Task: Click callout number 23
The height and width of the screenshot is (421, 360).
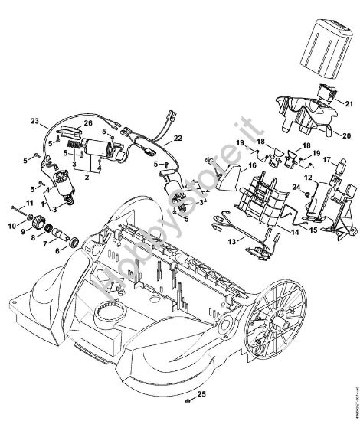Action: [34, 121]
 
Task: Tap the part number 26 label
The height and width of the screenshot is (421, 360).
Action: [88, 123]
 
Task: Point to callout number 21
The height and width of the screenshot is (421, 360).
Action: [349, 104]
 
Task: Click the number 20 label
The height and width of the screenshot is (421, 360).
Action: [349, 135]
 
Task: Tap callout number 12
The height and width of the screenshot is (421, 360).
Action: [307, 178]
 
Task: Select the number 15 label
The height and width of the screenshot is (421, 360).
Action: [315, 229]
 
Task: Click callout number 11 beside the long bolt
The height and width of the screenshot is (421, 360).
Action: [30, 201]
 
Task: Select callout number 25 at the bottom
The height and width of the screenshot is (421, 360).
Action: [203, 396]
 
